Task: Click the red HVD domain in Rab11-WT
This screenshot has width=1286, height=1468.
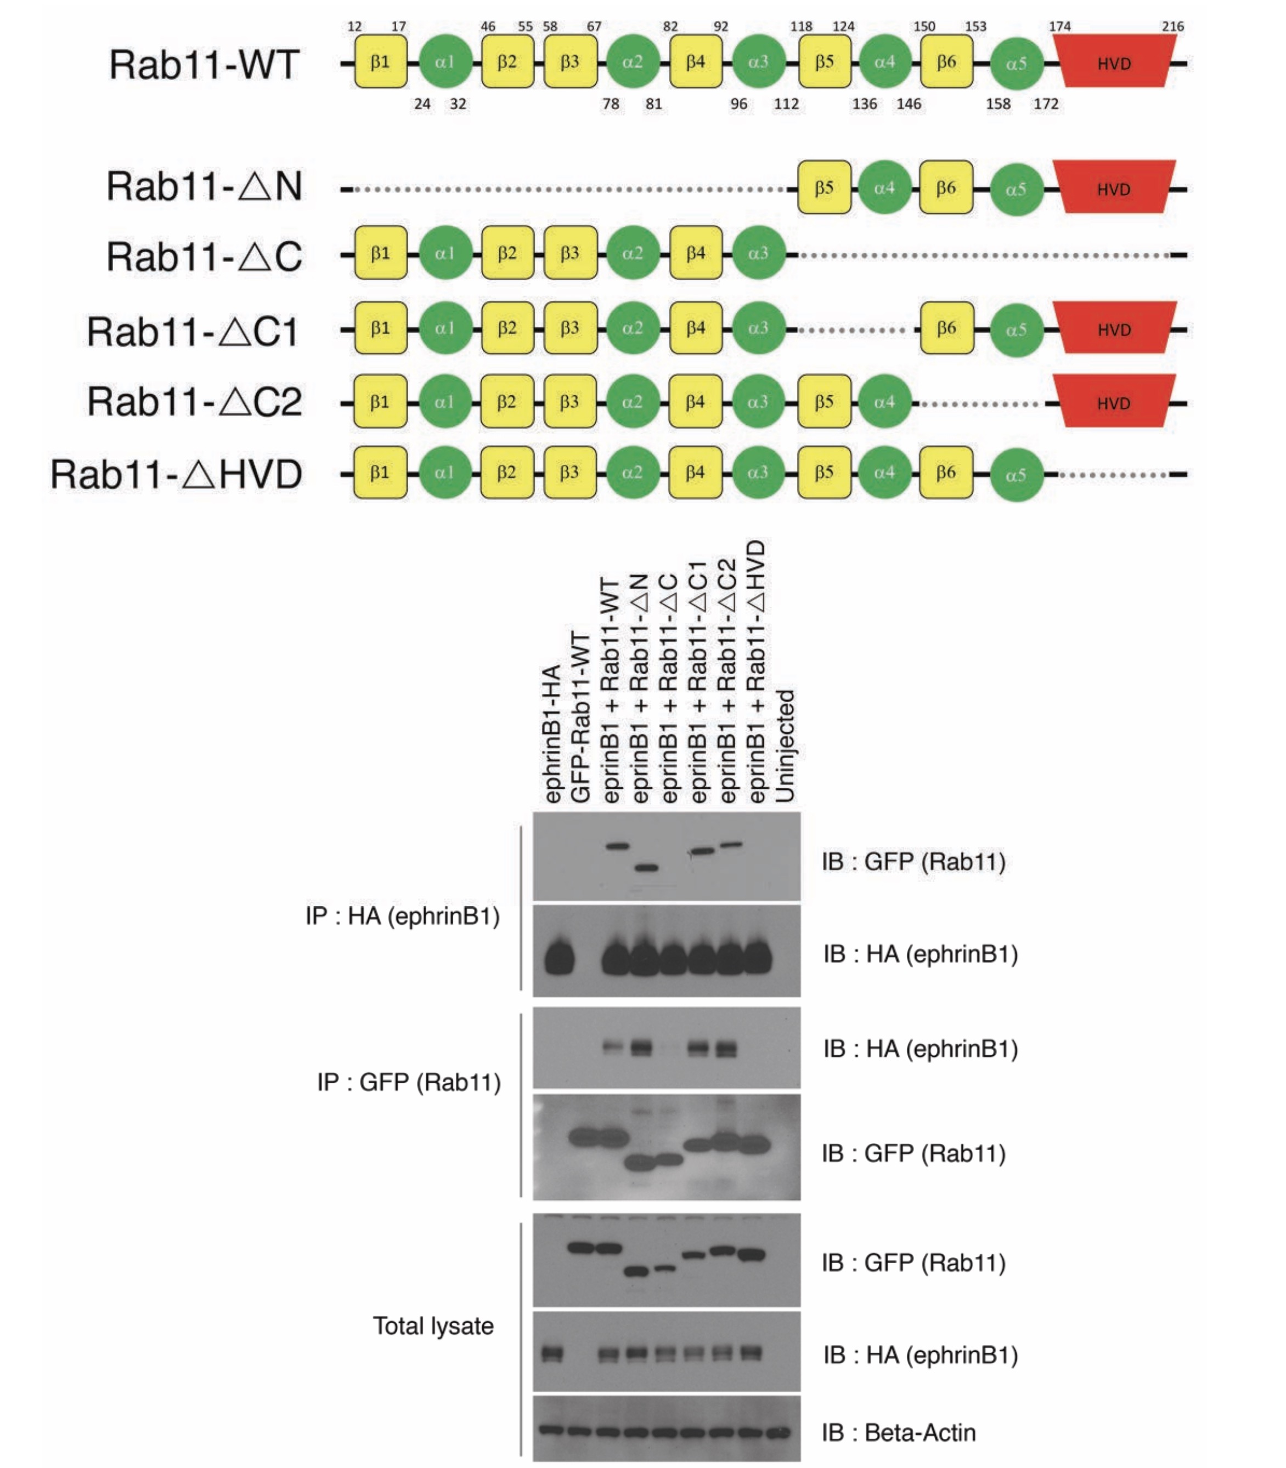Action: pos(1114,63)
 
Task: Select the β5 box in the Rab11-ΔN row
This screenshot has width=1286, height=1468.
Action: pos(824,188)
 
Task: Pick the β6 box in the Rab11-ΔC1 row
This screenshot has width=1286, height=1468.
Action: pos(946,328)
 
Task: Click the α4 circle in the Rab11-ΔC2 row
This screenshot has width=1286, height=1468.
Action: pos(884,402)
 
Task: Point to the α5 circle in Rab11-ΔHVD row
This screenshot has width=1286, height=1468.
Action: pos(1016,475)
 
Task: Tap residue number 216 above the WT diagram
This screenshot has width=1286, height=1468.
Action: pos(1172,26)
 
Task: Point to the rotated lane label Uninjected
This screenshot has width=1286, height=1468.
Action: pos(786,746)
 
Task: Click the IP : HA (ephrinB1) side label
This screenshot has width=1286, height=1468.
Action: pos(403,916)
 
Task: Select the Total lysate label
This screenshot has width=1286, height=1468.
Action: pos(433,1326)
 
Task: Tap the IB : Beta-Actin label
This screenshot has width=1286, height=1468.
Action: pos(899,1432)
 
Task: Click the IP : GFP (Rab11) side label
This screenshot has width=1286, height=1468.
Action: pos(409,1082)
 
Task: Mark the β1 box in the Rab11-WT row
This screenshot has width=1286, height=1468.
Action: pos(380,62)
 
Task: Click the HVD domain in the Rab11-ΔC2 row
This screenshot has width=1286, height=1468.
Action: pos(1114,403)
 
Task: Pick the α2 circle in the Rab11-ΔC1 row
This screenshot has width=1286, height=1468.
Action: pos(632,328)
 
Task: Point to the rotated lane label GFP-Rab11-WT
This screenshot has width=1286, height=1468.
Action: pos(580,717)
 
